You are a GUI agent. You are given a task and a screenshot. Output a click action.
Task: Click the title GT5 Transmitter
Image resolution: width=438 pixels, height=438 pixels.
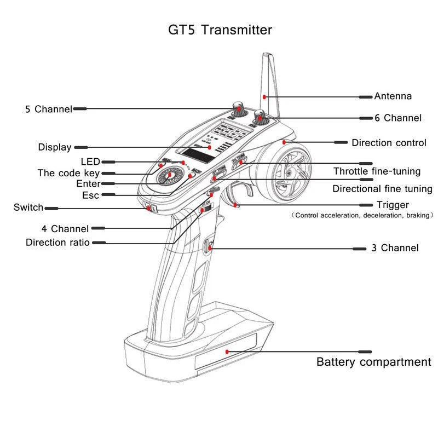[x=220, y=30]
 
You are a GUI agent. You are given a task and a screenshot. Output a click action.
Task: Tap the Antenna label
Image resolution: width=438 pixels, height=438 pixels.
[x=393, y=96]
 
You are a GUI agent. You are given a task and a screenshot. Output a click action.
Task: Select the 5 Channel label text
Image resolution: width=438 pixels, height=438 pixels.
[x=48, y=109]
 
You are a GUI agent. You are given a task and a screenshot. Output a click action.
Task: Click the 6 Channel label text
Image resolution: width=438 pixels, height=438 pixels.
[x=398, y=118]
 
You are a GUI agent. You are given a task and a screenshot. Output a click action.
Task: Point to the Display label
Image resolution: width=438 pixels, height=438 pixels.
[x=54, y=147]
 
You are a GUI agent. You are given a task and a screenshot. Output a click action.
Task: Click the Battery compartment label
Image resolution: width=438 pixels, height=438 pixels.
[x=373, y=362]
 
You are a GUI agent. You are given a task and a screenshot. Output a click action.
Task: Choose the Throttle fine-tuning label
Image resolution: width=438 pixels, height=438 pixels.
[x=377, y=171]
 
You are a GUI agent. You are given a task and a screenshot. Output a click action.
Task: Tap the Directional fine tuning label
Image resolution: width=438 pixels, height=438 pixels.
[x=382, y=189]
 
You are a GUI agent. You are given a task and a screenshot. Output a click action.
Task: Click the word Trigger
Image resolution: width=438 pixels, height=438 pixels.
[x=393, y=205]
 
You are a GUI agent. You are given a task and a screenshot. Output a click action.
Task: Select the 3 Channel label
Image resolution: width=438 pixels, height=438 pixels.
[x=395, y=248]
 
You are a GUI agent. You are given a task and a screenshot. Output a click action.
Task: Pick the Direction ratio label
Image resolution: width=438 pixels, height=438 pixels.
[x=57, y=242]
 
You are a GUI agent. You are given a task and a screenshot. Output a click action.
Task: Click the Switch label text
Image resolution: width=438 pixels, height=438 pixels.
[x=28, y=207]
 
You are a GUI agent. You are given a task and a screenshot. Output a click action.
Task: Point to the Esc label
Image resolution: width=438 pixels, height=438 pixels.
[x=90, y=195]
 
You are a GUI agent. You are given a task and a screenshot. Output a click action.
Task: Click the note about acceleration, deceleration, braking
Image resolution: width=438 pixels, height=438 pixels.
[x=362, y=216]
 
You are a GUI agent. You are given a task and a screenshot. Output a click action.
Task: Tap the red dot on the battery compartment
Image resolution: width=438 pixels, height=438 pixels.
[x=227, y=351]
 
